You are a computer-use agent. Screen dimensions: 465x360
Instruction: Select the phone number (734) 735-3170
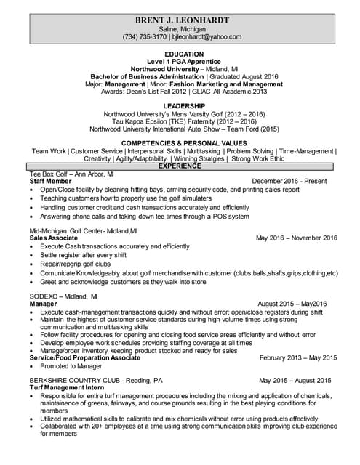click(145, 36)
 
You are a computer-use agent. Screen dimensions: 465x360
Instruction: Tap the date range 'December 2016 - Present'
click(295, 182)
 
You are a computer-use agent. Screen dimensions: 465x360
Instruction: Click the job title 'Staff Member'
click(49, 182)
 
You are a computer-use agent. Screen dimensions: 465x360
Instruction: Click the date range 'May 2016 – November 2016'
click(297, 238)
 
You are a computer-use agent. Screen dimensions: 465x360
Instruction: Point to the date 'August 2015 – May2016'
click(292, 304)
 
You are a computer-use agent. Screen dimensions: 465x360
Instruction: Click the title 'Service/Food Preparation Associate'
click(84, 358)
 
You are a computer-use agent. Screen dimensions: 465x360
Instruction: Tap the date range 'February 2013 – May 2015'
click(298, 358)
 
